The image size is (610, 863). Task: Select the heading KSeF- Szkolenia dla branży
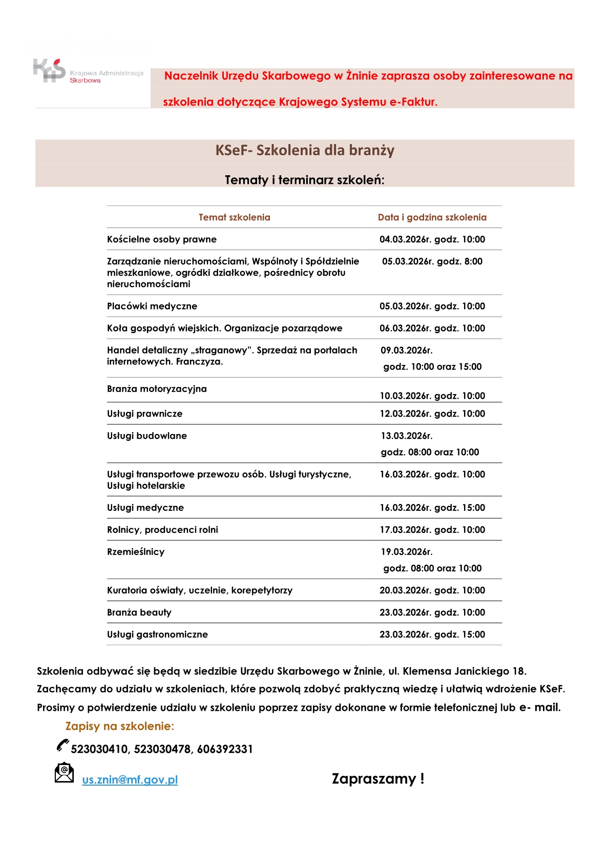point(305,150)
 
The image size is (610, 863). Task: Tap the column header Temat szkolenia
point(234,217)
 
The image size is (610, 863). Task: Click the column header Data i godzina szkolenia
point(432,217)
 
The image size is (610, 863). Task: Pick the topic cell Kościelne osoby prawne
point(162,239)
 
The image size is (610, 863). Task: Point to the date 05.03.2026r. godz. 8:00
point(432,261)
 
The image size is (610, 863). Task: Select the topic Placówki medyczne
point(152,306)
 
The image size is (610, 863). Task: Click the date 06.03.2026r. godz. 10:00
point(432,328)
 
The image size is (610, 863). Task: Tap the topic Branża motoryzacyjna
point(157,389)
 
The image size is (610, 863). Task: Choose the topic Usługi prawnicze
point(144,414)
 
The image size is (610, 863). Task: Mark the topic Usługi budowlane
point(147,436)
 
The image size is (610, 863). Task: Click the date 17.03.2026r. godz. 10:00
point(432,530)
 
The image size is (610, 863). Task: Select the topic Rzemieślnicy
point(136,552)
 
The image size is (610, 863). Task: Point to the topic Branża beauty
point(139,612)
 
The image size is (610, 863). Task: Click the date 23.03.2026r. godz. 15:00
point(432,634)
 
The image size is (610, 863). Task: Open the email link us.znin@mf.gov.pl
point(130,780)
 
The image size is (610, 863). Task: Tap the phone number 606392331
point(225,749)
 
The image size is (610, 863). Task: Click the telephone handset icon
point(62,746)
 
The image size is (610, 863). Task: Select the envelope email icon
point(64,773)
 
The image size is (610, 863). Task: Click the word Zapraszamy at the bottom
point(374,779)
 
